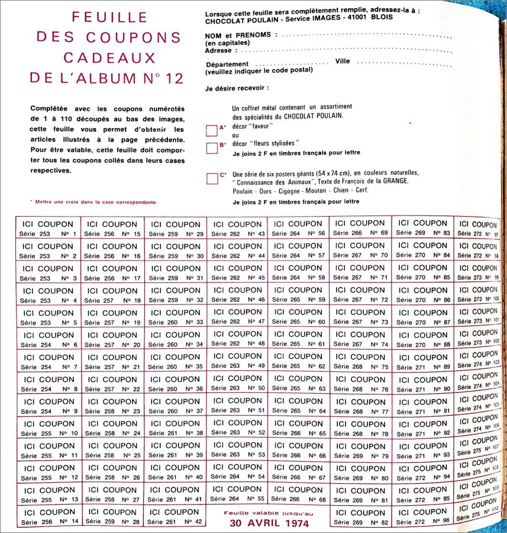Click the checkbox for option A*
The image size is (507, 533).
point(211,130)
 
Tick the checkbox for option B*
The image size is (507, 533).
point(211,147)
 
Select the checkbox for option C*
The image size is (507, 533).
point(212,178)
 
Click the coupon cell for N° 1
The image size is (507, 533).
point(48,228)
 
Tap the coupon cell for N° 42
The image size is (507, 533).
point(175,516)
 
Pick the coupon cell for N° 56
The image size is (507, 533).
point(298,228)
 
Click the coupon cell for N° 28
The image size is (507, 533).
point(112,516)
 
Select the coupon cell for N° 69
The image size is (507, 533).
point(360,227)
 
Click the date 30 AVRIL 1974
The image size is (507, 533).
point(269,524)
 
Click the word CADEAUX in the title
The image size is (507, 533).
point(109,57)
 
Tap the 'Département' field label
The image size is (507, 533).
point(227,64)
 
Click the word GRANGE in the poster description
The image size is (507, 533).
point(394,181)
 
